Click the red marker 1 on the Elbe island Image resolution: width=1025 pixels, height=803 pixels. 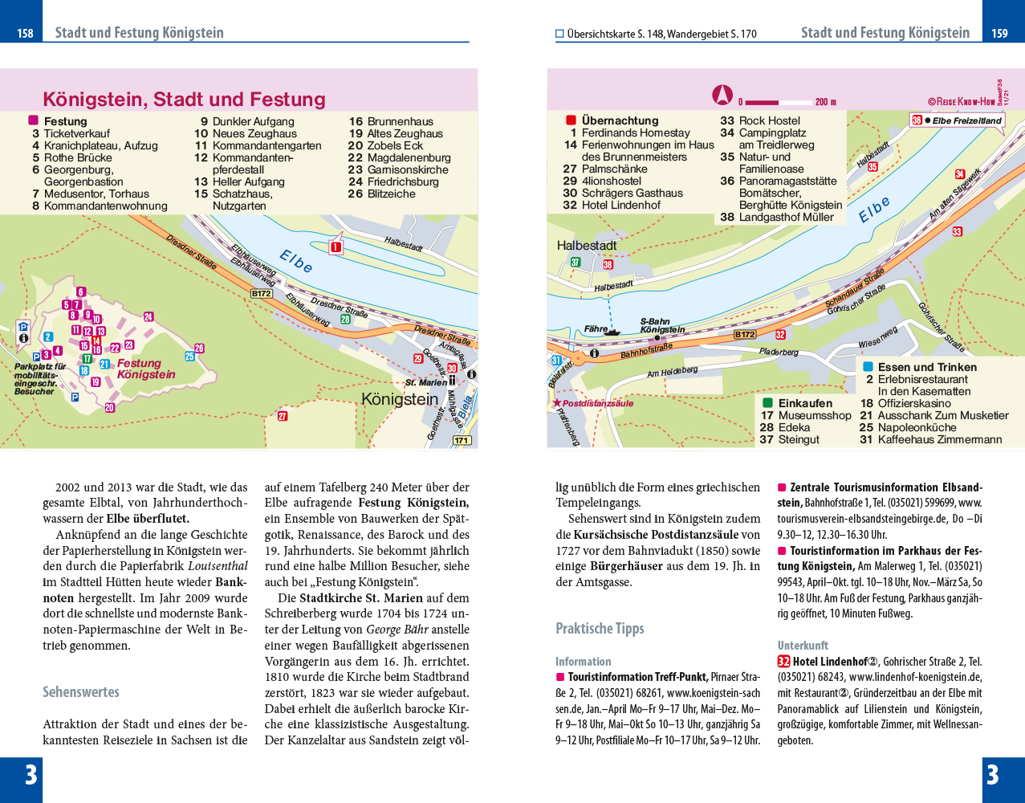[336, 247]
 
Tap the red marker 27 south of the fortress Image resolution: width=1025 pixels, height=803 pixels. [282, 416]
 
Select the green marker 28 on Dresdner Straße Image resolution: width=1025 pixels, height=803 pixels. [345, 320]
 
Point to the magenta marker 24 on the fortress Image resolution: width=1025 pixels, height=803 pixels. [148, 316]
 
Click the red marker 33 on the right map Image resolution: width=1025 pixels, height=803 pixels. [957, 231]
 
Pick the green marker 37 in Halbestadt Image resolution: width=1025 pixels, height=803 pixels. [576, 263]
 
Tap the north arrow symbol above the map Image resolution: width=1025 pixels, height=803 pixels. [722, 95]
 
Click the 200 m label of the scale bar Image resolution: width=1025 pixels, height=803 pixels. [825, 102]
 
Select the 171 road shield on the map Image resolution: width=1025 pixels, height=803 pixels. [462, 440]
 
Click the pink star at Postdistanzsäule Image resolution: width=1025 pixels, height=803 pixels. [557, 403]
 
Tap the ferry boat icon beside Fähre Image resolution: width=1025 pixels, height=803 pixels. [612, 331]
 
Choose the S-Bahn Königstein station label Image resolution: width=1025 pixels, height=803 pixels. [662, 325]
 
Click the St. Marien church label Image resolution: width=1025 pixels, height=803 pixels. [426, 382]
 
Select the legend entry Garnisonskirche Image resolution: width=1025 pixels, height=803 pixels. [408, 170]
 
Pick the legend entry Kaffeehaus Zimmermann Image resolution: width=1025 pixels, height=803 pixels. [940, 440]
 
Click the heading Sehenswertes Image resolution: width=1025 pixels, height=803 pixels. [81, 692]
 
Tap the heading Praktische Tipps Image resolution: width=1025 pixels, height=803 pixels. [600, 629]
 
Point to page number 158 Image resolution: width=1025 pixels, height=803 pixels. [25, 34]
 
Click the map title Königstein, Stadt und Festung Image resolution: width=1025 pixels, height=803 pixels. [184, 100]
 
